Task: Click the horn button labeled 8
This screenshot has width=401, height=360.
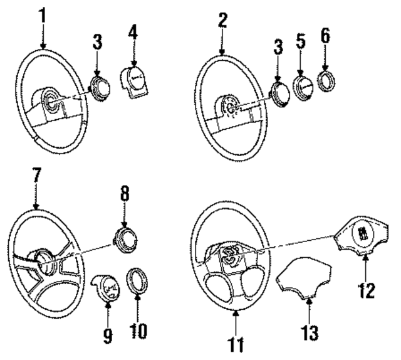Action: [x=123, y=239]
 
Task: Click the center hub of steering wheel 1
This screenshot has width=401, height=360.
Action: [x=51, y=101]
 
